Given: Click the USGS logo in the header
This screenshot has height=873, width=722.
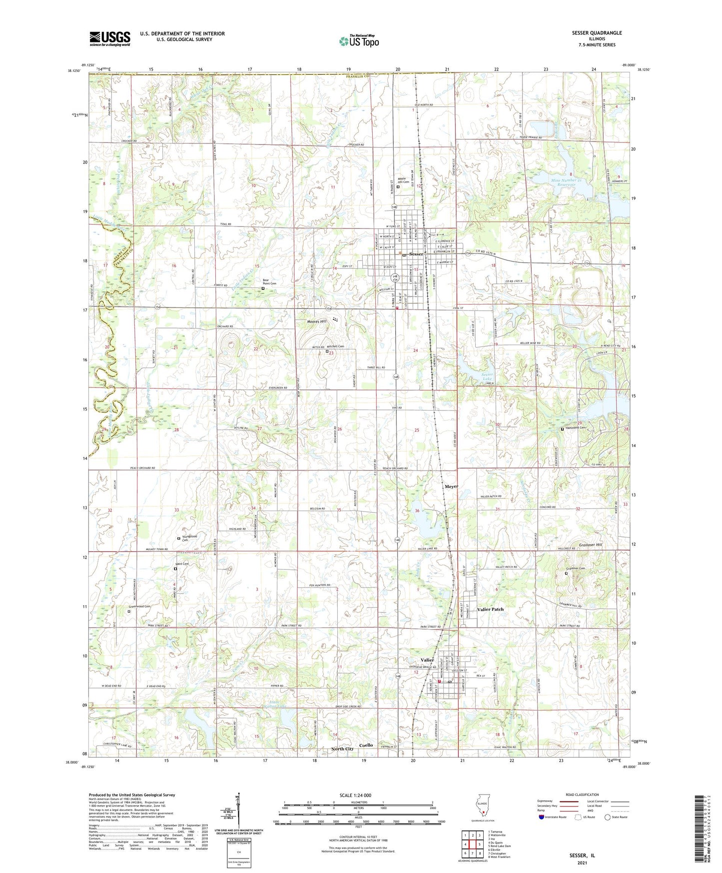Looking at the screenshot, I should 110,38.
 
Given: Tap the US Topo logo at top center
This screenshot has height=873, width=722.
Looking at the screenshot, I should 359,41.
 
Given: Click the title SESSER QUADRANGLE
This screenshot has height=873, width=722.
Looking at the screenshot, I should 597,33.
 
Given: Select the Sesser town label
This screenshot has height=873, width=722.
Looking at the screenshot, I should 416,254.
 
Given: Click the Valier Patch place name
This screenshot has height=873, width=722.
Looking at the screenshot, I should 491,609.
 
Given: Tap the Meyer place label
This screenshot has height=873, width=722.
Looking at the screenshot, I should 451,486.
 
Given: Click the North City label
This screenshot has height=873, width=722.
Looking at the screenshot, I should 342,749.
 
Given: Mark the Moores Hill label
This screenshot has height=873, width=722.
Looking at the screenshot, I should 316,321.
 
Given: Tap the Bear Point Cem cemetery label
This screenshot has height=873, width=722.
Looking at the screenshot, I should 270,282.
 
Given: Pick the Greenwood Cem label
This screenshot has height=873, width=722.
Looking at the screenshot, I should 140,607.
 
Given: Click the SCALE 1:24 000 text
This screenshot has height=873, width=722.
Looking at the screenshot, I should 355,795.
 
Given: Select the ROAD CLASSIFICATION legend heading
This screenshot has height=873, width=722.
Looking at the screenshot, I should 583,794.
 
